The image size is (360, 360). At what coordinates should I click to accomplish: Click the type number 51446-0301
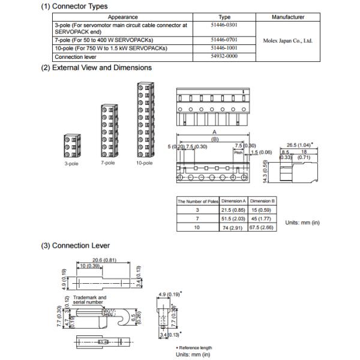click(224, 26)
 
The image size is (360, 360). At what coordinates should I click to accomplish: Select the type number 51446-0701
click(224, 39)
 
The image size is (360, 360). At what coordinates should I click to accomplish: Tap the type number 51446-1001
click(224, 48)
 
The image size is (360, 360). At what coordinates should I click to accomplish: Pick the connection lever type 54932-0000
click(224, 57)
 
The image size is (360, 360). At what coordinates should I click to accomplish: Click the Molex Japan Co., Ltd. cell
click(288, 41)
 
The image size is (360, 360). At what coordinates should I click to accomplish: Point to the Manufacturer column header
click(288, 17)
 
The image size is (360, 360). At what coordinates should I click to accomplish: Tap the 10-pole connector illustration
click(144, 119)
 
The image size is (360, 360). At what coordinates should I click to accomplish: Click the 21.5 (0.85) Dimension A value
click(233, 211)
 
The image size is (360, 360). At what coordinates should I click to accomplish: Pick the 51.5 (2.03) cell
click(233, 220)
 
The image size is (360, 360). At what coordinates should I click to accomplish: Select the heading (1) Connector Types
click(74, 6)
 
